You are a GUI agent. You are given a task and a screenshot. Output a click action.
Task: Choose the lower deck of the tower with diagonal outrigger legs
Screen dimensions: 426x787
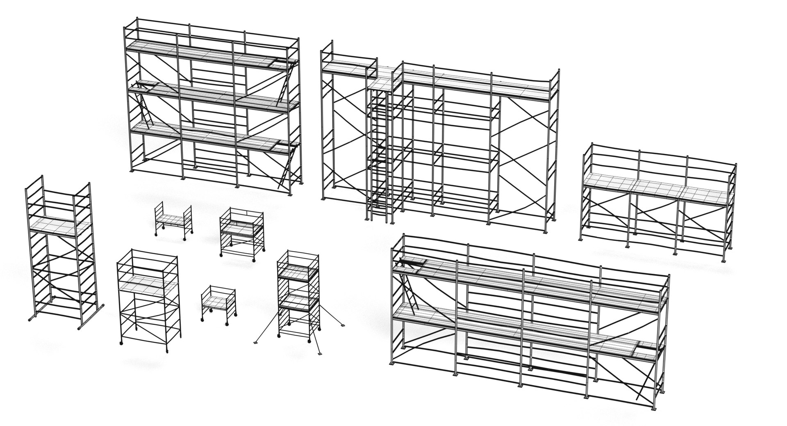(298, 303)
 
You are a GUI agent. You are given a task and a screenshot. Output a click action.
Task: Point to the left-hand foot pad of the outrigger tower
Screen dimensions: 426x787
(256, 341)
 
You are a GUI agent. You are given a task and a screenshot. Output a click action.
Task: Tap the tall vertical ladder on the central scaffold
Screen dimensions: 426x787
(379, 156)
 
